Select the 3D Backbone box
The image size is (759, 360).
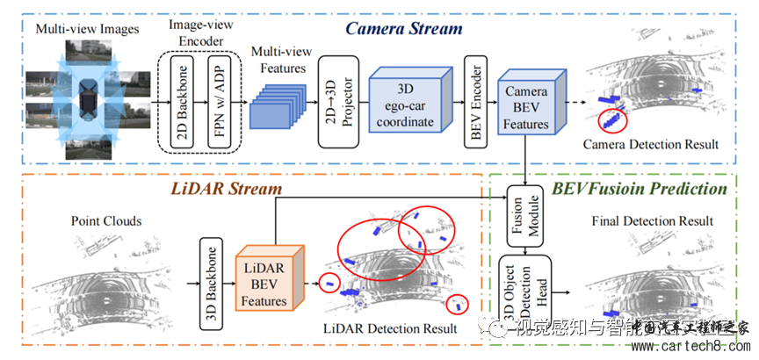[x=211, y=281]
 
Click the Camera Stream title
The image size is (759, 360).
[x=403, y=28]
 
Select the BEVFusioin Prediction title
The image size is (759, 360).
[x=639, y=188]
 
